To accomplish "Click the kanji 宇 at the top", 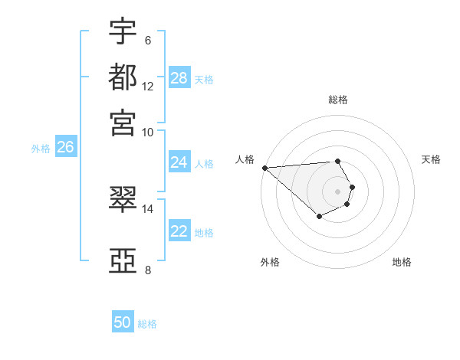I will (123, 32).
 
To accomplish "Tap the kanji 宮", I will (123, 122).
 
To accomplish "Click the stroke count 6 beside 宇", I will (148, 40).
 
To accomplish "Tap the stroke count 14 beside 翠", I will (148, 208).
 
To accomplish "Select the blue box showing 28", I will (179, 78).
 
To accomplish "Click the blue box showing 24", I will (179, 162).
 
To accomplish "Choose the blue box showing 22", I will (179, 231).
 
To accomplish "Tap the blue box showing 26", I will (65, 148).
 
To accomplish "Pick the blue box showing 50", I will (123, 322).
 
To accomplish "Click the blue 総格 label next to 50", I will (147, 324).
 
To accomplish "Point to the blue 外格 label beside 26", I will (41, 149).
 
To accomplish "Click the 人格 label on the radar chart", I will (245, 159).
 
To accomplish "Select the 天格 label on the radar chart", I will (431, 159).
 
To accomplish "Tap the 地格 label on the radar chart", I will (402, 262).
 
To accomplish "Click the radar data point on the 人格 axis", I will (264, 168).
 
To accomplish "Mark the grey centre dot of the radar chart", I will (337, 191).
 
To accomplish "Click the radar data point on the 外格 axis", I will (319, 217).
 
